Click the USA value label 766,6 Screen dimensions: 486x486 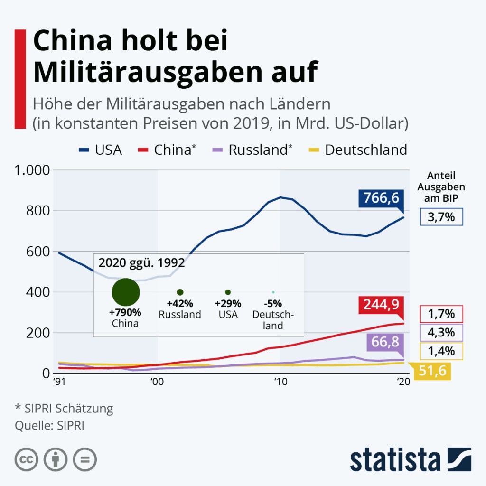(381, 198)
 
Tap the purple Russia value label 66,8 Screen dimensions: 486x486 (384, 342)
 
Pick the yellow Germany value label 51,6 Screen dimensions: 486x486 (432, 371)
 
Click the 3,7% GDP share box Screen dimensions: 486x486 (441, 218)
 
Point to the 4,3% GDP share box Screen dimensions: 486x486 (441, 333)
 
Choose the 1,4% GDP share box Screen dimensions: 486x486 (441, 351)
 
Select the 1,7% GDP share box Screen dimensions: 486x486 (441, 314)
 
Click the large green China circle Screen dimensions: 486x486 (125, 292)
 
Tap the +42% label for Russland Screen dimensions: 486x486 (180, 304)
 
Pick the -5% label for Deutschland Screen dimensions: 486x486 (273, 304)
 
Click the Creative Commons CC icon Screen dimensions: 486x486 (27, 459)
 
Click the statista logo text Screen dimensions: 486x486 (395, 459)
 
